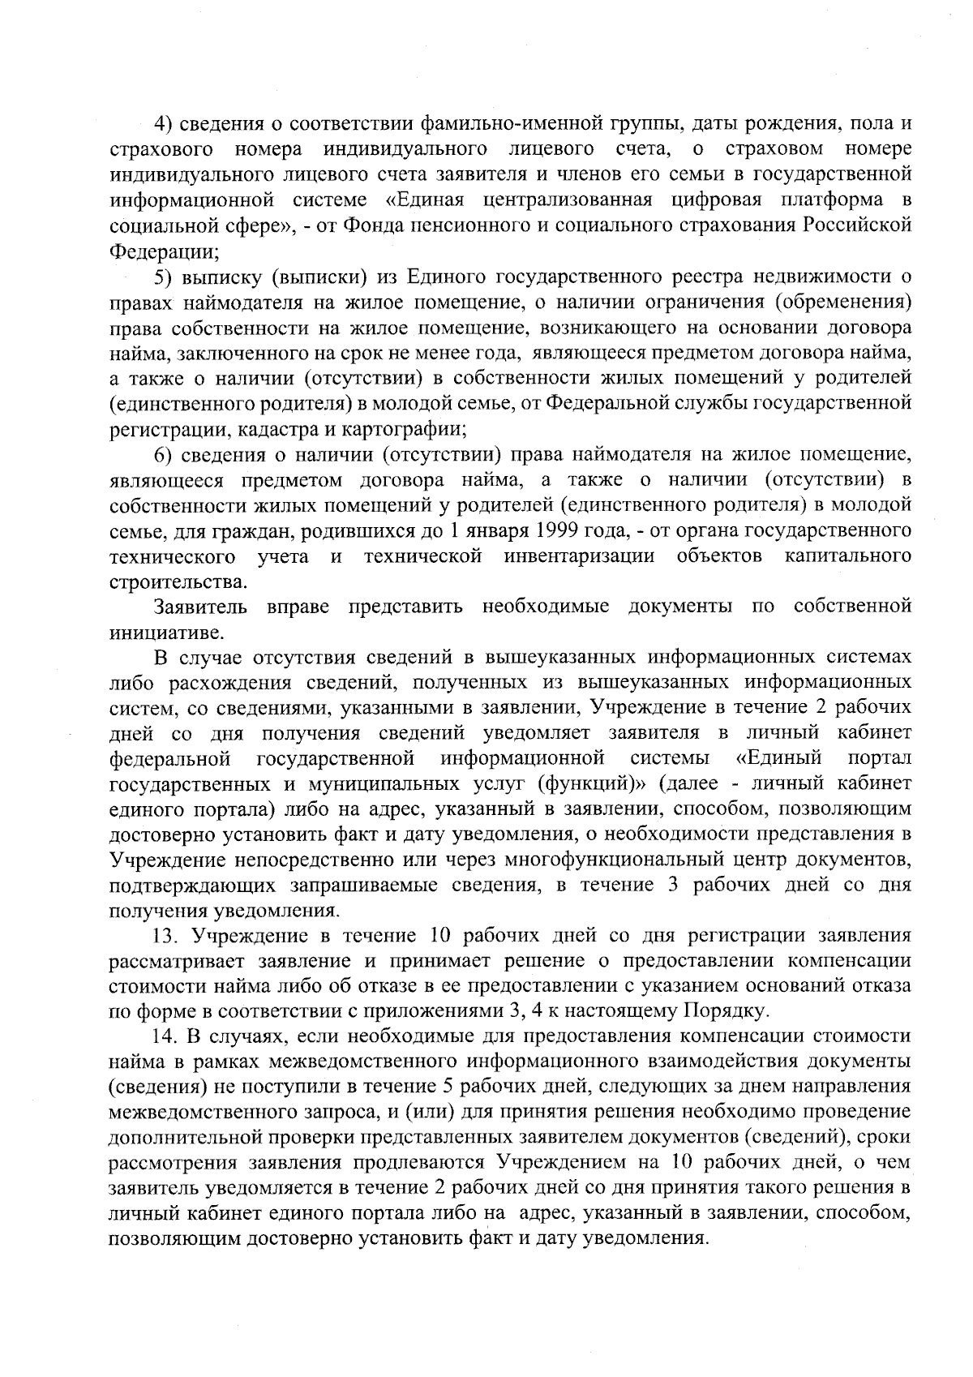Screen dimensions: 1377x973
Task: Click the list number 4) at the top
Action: click(164, 123)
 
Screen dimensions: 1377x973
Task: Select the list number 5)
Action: click(164, 277)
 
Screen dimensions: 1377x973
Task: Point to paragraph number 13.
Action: click(165, 936)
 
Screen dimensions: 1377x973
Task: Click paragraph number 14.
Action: click(165, 1036)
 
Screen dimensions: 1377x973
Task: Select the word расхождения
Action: click(232, 682)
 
